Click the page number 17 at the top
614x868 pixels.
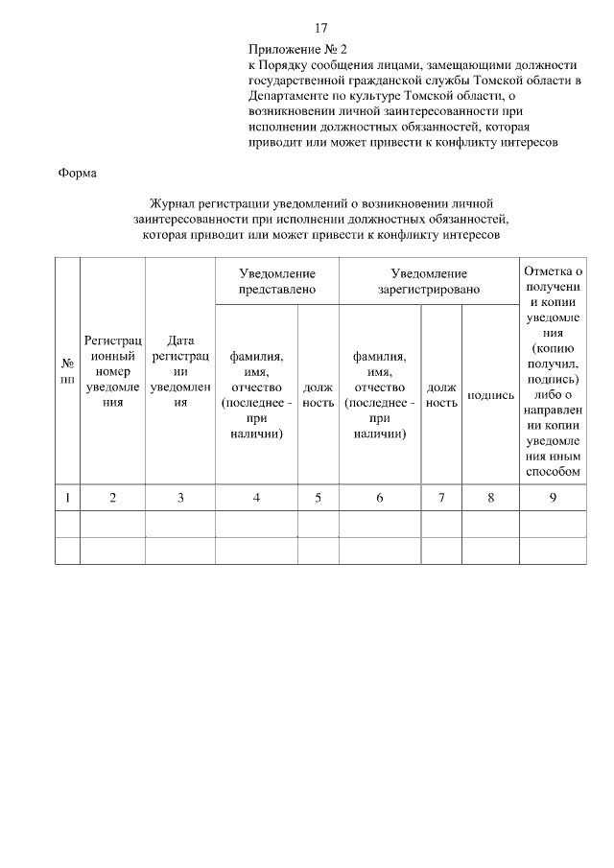click(321, 27)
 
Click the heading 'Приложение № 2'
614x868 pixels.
click(296, 47)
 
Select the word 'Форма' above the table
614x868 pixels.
click(77, 173)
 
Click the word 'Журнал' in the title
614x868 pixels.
click(173, 203)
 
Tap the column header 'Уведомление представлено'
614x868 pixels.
click(277, 281)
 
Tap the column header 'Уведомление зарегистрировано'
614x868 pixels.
click(428, 281)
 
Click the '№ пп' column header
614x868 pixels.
click(68, 371)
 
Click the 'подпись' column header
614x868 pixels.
click(490, 395)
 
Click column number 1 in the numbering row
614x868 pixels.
click(68, 497)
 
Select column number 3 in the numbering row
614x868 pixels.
click(180, 497)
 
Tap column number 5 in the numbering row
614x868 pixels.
click(318, 497)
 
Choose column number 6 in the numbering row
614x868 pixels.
click(379, 497)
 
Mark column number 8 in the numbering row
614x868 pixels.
click(490, 497)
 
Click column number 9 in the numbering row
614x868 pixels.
click(553, 497)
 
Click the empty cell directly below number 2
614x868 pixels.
click(113, 524)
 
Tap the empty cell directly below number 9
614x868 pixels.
click(553, 524)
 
